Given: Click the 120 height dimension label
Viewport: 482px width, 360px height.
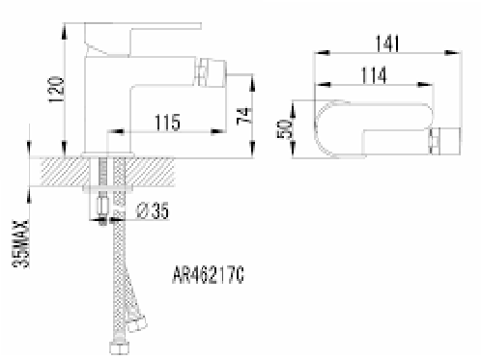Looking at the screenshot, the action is point(55,90).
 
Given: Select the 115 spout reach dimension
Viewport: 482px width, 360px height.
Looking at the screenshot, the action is point(167,123).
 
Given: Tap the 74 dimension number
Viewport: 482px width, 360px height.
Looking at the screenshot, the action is point(243,116).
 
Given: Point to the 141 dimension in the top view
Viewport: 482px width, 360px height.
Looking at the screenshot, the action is point(387,43).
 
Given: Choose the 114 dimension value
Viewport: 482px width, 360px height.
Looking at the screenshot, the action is point(374,75).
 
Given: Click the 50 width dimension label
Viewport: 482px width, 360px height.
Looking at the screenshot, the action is point(285,128).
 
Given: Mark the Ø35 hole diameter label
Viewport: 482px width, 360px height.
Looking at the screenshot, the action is point(153,211).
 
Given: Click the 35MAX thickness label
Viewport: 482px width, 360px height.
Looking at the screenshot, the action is point(20,244).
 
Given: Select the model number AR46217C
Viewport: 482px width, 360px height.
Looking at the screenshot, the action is point(208,275).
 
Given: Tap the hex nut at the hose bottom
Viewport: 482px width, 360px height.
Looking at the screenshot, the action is point(119,348).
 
